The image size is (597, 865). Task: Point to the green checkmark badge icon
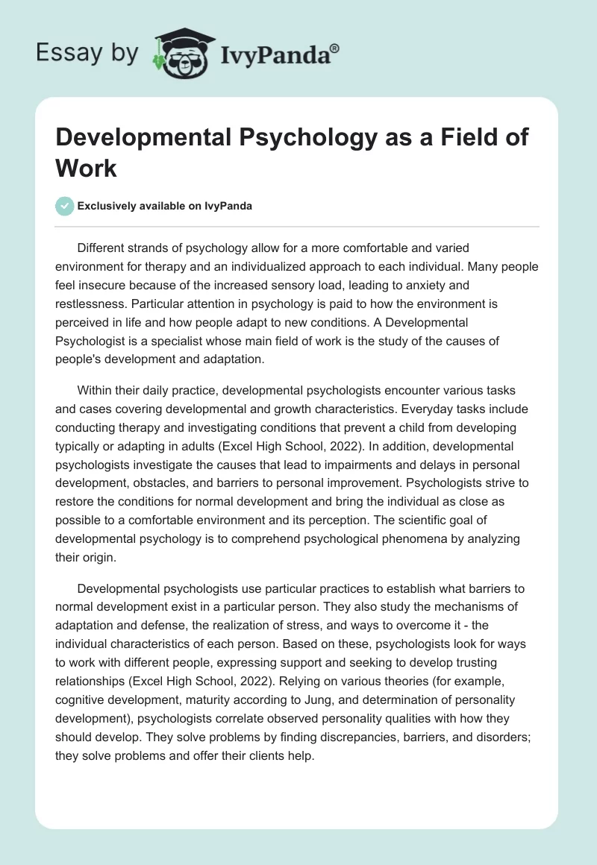pos(65,205)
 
